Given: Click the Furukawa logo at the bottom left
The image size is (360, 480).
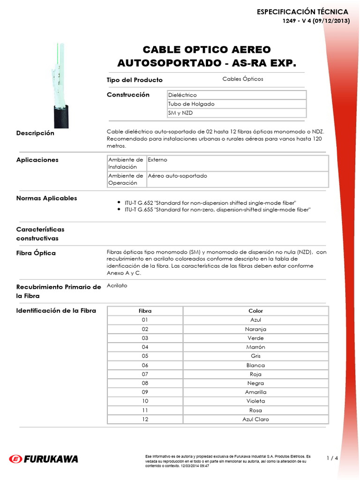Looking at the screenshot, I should [44, 458].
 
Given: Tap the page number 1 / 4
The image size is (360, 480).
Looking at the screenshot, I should [332, 458].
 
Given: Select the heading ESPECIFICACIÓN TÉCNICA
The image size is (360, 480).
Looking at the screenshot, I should [302, 12].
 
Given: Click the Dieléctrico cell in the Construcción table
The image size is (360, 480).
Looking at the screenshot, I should [236, 95].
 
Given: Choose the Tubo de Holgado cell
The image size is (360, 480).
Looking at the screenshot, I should [236, 104].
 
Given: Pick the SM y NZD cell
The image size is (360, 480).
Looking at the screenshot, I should [236, 113].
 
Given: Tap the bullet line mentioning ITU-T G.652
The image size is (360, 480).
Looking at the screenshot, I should [210, 202].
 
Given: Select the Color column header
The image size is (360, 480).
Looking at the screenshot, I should [255, 311].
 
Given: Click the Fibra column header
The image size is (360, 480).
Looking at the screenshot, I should [145, 311].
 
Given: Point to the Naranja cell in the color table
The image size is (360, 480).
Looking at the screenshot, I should [255, 329].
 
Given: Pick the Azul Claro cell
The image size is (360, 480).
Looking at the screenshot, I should [255, 419].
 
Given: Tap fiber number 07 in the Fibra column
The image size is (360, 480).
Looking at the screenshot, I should [145, 374].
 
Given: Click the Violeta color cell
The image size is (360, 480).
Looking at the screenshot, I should [255, 401].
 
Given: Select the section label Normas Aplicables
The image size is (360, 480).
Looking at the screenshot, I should [46, 198].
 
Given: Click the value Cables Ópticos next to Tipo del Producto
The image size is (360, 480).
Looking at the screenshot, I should [242, 79].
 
